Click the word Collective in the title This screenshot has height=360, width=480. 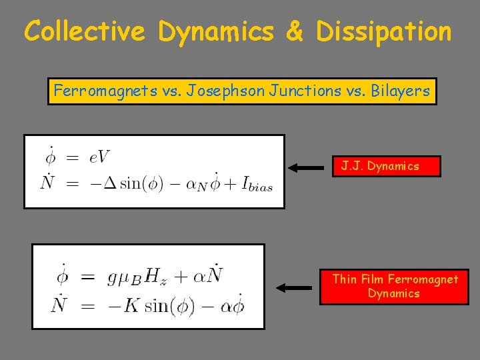pyautogui.click(x=85, y=31)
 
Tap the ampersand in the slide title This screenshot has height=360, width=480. pyautogui.click(x=293, y=31)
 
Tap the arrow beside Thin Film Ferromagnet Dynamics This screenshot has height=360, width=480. pyautogui.click(x=294, y=288)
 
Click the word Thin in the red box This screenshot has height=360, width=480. pyautogui.click(x=345, y=279)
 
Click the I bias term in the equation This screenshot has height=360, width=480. pyautogui.click(x=254, y=183)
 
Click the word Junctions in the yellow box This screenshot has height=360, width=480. pyautogui.click(x=294, y=91)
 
